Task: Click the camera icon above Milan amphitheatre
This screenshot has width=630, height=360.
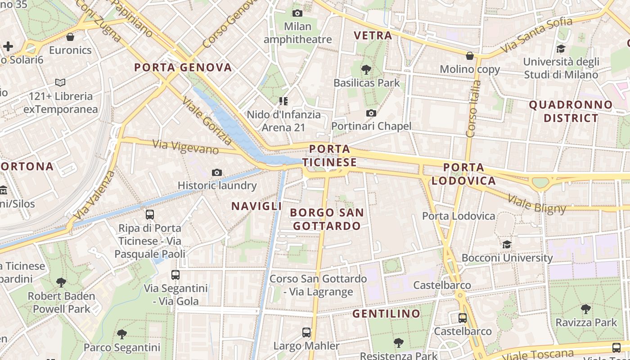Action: tap(297, 13)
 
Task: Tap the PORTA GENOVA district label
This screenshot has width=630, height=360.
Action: tap(183, 68)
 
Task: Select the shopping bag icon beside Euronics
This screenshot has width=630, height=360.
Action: tap(70, 37)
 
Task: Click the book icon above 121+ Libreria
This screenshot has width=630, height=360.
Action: tap(60, 83)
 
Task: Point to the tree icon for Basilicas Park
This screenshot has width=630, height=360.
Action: tap(366, 69)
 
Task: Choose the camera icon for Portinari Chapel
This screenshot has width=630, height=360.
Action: tap(371, 113)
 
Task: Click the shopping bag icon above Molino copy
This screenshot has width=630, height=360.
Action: tap(470, 56)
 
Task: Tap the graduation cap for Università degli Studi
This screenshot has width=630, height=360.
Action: tap(561, 49)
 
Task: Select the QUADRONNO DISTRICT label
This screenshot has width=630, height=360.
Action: tap(571, 112)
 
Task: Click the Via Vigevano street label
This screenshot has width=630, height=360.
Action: tap(185, 147)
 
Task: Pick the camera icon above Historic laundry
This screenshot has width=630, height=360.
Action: tap(217, 172)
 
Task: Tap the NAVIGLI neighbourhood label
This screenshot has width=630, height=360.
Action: tap(256, 206)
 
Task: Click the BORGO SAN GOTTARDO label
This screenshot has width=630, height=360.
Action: tap(327, 219)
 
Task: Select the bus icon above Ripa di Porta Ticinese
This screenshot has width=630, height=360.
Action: tap(150, 215)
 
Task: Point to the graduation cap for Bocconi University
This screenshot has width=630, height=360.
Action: tap(507, 244)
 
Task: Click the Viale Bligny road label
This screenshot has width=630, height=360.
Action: tap(536, 203)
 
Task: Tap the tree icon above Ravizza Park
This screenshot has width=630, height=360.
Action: tap(585, 309)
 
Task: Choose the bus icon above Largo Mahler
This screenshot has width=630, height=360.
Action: tap(306, 333)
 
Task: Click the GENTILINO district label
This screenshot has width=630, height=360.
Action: tap(386, 314)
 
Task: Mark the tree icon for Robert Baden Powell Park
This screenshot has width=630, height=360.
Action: tap(61, 283)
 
